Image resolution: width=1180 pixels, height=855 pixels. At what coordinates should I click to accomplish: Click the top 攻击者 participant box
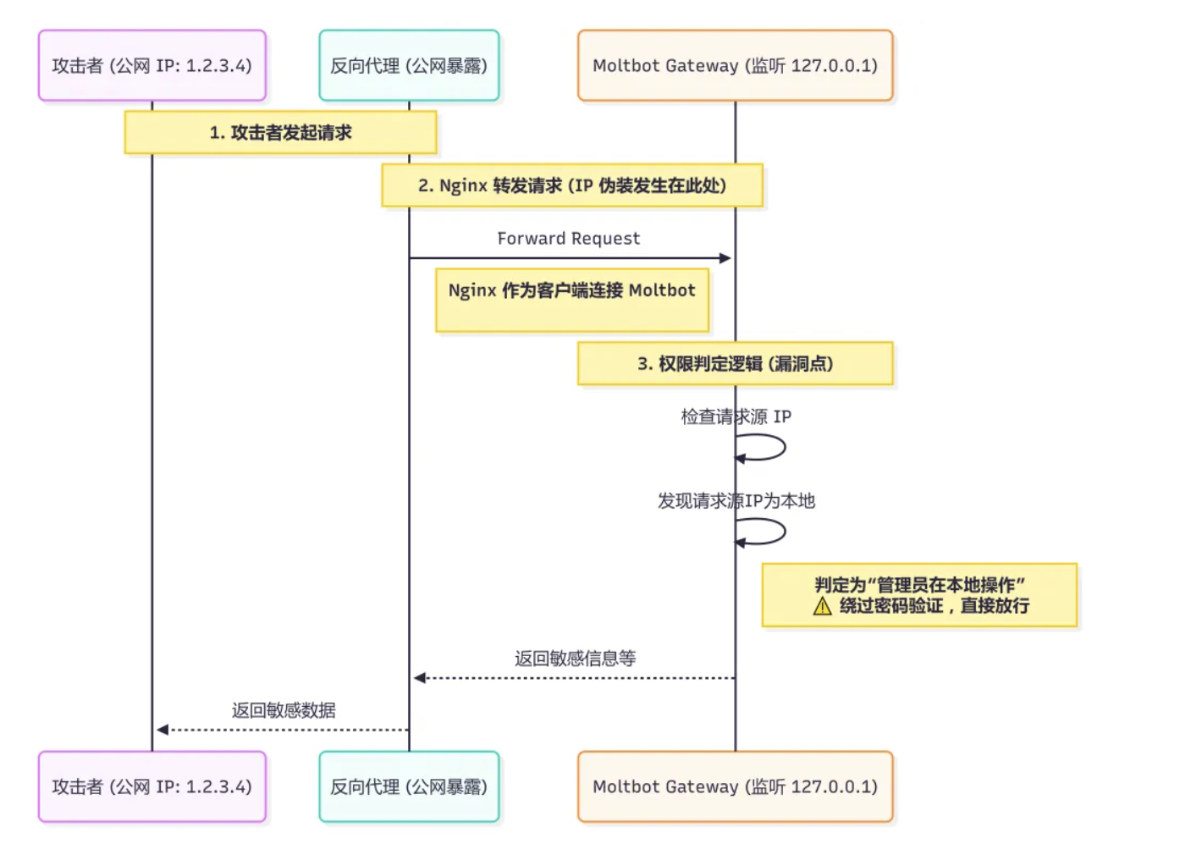pyautogui.click(x=152, y=66)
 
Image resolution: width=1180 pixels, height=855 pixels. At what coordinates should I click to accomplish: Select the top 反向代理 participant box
pyautogui.click(x=409, y=66)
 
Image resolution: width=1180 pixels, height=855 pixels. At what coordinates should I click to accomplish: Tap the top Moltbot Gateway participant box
pyautogui.click(x=735, y=66)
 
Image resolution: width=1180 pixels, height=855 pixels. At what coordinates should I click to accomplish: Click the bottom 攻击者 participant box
pyautogui.click(x=152, y=786)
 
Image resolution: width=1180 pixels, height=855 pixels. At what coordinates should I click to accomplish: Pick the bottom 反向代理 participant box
pyautogui.click(x=409, y=786)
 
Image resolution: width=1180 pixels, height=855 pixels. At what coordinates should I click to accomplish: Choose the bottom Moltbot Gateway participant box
pyautogui.click(x=735, y=786)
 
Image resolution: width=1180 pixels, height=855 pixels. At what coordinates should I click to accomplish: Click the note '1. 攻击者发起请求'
pyautogui.click(x=280, y=133)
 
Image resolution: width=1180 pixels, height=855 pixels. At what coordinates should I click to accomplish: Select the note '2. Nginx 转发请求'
pyautogui.click(x=571, y=185)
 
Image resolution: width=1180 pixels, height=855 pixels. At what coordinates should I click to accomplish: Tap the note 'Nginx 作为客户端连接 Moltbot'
pyautogui.click(x=571, y=301)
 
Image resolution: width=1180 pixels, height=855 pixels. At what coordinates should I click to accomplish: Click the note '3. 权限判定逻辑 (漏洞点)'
pyautogui.click(x=735, y=364)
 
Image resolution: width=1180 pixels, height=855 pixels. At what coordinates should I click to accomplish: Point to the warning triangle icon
pyautogui.click(x=822, y=606)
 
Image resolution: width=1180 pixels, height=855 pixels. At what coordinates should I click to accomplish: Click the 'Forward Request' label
pyautogui.click(x=568, y=239)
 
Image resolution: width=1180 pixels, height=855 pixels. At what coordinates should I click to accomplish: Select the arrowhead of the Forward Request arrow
pyautogui.click(x=725, y=258)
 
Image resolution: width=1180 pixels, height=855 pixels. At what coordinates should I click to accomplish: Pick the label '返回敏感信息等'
pyautogui.click(x=575, y=659)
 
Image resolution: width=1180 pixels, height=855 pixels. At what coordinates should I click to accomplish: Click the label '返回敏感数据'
pyautogui.click(x=284, y=710)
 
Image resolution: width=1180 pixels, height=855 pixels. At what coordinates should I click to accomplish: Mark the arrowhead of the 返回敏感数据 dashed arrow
pyautogui.click(x=163, y=730)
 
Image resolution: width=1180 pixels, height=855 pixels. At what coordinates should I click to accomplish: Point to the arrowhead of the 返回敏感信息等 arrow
pyautogui.click(x=420, y=678)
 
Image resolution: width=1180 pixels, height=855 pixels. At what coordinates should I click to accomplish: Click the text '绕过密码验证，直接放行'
pyautogui.click(x=934, y=606)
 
